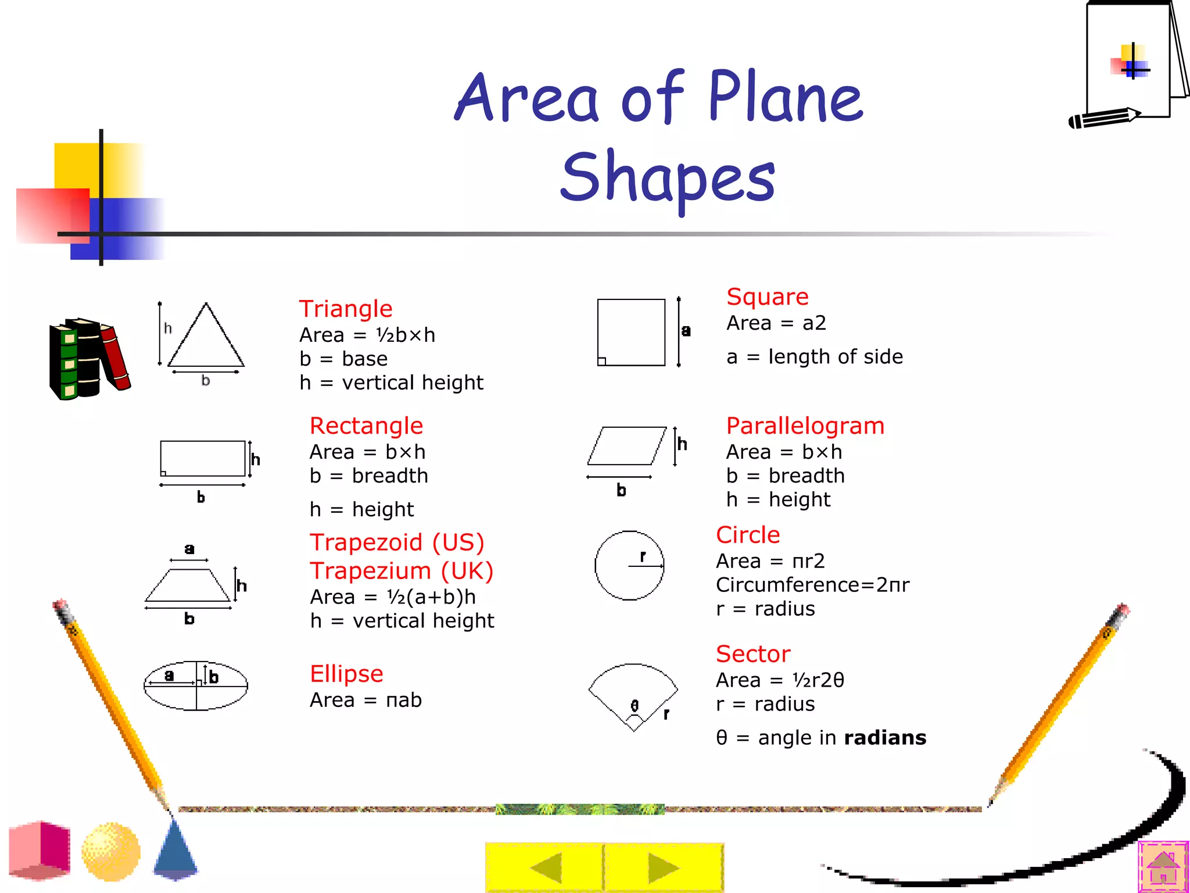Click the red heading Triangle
[x=346, y=309]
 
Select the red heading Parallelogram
[x=805, y=426]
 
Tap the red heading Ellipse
[x=346, y=674]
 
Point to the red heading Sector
[x=753, y=654]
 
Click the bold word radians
[x=885, y=738]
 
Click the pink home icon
[x=1163, y=867]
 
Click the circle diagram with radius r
[x=629, y=565]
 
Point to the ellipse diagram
[x=196, y=685]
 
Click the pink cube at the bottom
[x=40, y=850]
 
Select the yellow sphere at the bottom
[x=111, y=852]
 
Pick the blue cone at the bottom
[x=175, y=849]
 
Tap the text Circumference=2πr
[x=812, y=585]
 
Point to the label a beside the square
[x=686, y=331]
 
